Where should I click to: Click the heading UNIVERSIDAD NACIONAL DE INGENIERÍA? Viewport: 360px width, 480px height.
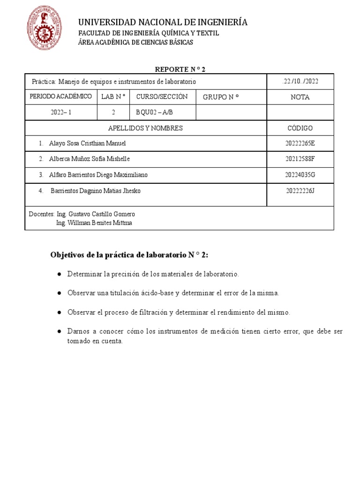click(163, 22)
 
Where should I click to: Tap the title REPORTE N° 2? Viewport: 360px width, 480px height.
click(180, 69)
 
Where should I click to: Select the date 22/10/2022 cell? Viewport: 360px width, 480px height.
click(300, 82)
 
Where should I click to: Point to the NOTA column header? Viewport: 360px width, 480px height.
click(300, 97)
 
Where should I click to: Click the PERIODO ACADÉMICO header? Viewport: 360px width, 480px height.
click(60, 97)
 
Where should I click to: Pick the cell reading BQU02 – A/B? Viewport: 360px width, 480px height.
click(154, 112)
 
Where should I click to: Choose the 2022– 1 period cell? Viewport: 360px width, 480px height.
click(60, 112)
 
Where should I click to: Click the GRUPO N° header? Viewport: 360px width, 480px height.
click(221, 97)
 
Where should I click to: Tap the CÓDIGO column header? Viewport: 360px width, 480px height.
click(300, 128)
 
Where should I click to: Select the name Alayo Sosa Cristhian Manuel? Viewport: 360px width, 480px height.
click(88, 143)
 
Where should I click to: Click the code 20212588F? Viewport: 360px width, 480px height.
click(300, 159)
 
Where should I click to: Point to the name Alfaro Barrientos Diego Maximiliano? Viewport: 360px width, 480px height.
click(98, 175)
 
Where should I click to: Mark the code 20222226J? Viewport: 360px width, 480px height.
click(300, 191)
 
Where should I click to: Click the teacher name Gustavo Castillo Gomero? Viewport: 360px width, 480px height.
click(102, 214)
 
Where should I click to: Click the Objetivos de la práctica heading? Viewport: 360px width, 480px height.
click(131, 255)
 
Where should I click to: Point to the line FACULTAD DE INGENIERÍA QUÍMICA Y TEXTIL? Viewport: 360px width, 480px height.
click(148, 33)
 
